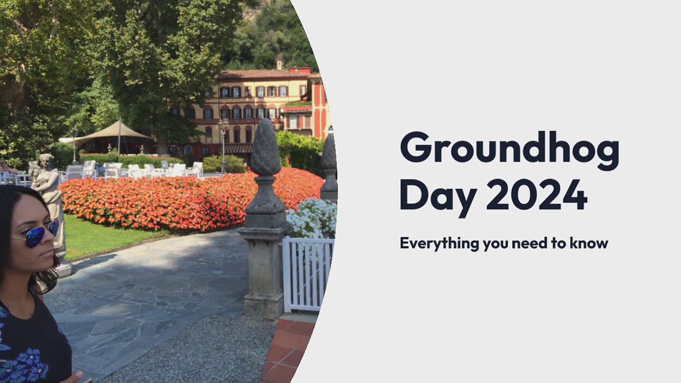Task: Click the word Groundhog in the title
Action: (x=510, y=151)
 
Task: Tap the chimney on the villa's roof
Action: (x=279, y=65)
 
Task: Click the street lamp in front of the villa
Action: (x=223, y=146)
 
